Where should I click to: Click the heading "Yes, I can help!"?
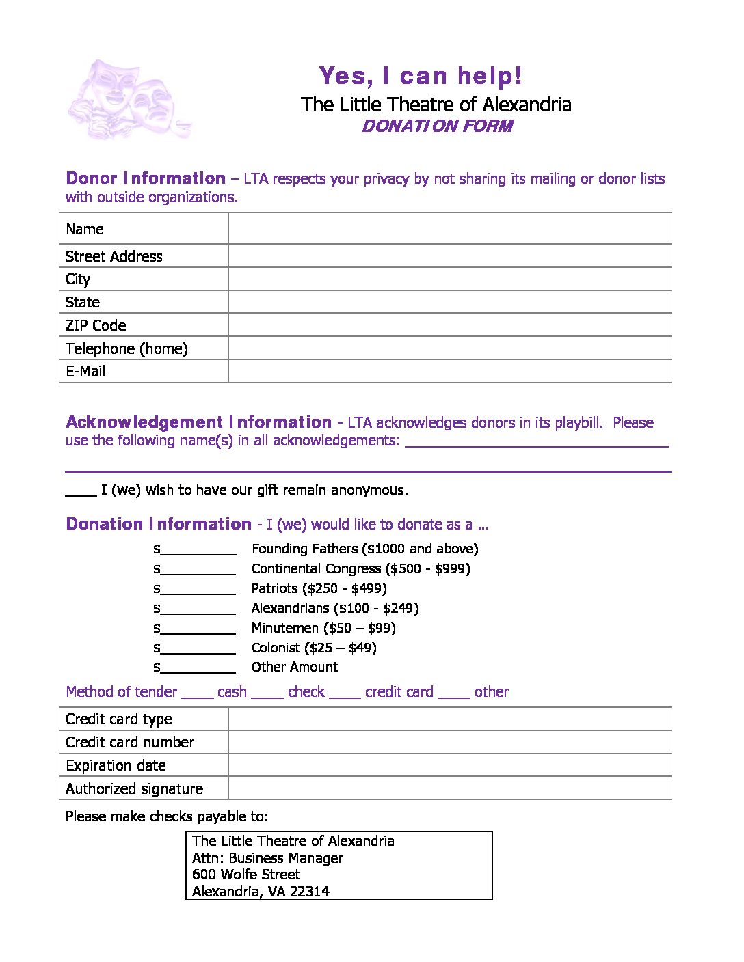pyautogui.click(x=421, y=76)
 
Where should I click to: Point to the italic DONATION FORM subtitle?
pyautogui.click(x=437, y=126)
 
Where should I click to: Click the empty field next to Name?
pyautogui.click(x=449, y=229)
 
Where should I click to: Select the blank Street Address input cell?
pyautogui.click(x=449, y=256)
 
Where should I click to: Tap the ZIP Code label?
pyautogui.click(x=96, y=325)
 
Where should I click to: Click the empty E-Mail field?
pyautogui.click(x=449, y=371)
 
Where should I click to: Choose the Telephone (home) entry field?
pyautogui.click(x=449, y=348)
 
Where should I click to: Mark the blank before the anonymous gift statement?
pyautogui.click(x=81, y=491)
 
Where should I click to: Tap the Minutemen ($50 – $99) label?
pyautogui.click(x=323, y=628)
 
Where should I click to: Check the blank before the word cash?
pyautogui.click(x=198, y=693)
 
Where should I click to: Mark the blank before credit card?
pyautogui.click(x=345, y=693)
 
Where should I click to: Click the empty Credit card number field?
pyautogui.click(x=449, y=742)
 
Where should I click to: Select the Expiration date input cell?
pyautogui.click(x=449, y=765)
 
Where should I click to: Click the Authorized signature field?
pyautogui.click(x=449, y=788)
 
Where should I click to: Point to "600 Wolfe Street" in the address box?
pyautogui.click(x=246, y=875)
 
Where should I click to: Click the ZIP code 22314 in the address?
pyautogui.click(x=309, y=892)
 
